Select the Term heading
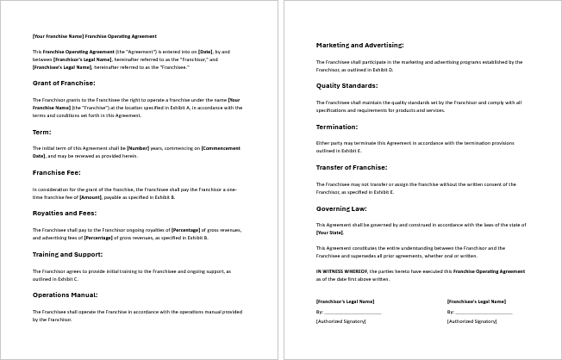point(42,132)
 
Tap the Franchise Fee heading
point(57,172)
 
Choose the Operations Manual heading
point(66,295)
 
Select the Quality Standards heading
point(347,84)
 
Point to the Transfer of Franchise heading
point(352,167)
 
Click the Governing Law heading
point(342,208)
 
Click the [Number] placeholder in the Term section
point(139,149)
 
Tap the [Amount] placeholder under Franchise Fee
point(91,197)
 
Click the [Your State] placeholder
point(330,233)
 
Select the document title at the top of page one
point(95,36)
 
